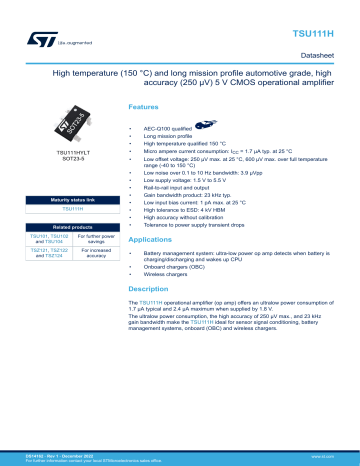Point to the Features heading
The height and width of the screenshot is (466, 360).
click(141, 107)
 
